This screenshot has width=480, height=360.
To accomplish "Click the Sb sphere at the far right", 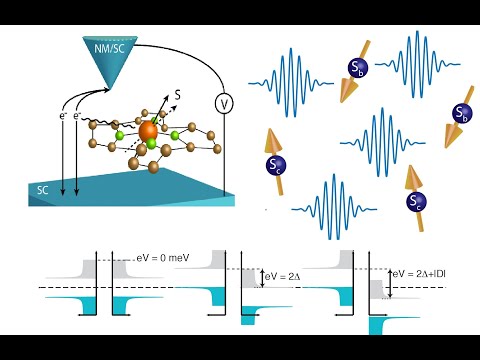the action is pos(461,112).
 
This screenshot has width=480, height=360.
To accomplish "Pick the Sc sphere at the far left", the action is pos(275,164).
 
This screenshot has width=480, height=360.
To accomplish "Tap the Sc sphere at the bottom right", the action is pos(414,202).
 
